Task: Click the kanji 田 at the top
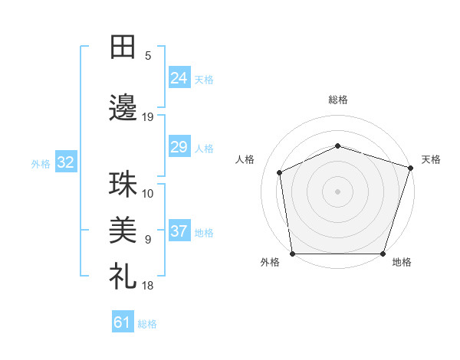coord(123,47)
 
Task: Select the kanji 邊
coord(123,108)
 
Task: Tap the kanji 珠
coord(123,185)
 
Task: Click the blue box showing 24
coord(179,78)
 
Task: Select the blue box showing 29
coord(179,147)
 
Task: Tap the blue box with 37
coord(179,231)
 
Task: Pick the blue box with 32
coord(65,162)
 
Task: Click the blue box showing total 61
coord(123,322)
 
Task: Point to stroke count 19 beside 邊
coord(148,116)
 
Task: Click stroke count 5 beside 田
coord(148,55)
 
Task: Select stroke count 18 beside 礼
coord(148,285)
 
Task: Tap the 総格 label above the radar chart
coord(338,100)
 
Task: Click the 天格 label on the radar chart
coord(431,159)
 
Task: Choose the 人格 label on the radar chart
coord(245,159)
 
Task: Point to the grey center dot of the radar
coord(338,191)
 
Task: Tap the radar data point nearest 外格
coord(293,253)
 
